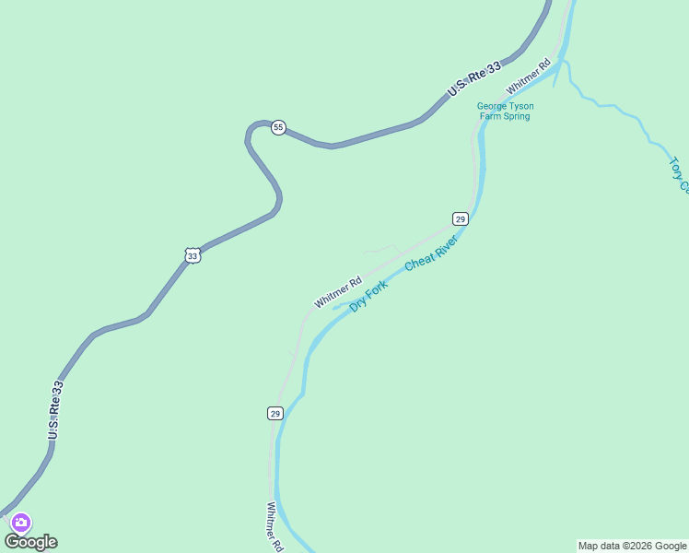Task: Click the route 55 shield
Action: point(278,127)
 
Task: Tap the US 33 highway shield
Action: point(192,256)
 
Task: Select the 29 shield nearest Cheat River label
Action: point(461,218)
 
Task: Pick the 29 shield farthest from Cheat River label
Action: point(275,413)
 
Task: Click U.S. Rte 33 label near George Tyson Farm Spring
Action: point(474,78)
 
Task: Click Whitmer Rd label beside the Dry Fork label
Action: point(337,292)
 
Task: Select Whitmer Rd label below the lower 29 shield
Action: point(274,526)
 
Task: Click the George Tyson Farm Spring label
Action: point(505,112)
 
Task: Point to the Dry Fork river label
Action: point(368,296)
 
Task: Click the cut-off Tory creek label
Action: point(678,174)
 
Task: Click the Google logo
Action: point(31,542)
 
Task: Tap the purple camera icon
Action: point(20,523)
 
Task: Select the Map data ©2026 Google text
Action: point(632,546)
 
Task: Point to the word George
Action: point(492,106)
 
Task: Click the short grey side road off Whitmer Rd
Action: point(381,249)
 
